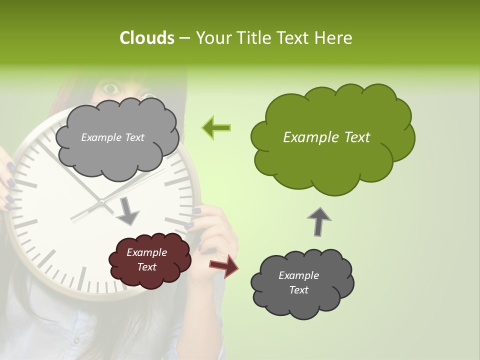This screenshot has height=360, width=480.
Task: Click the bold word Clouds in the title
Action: [146, 38]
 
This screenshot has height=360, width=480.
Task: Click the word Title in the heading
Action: [254, 38]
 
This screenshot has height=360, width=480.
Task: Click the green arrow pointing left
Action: [216, 128]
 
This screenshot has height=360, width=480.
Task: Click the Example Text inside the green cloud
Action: [326, 137]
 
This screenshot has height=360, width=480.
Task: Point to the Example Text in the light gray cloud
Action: [112, 137]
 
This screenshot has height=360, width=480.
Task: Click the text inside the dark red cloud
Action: [146, 260]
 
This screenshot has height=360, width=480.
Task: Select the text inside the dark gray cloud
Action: [298, 283]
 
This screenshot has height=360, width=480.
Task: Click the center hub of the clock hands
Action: [101, 201]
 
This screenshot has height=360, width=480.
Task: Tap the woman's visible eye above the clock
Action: [111, 89]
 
